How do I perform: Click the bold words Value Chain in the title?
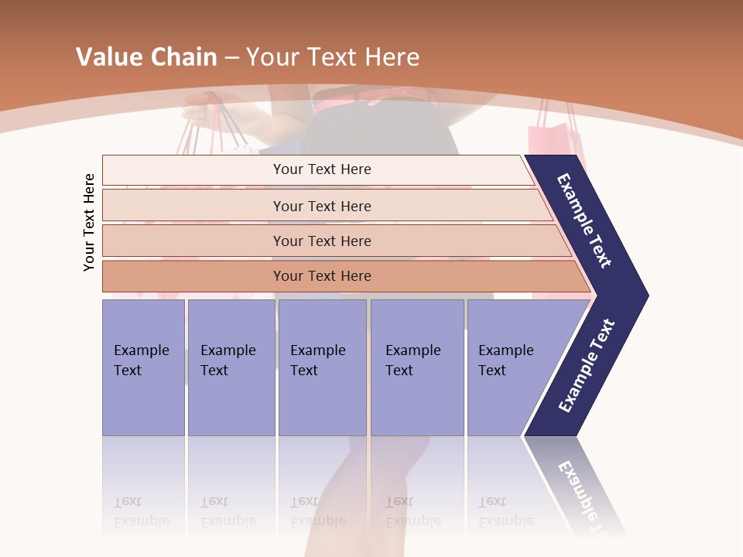[146, 57]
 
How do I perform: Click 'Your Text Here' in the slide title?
[333, 57]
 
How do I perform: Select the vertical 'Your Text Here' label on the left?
[89, 222]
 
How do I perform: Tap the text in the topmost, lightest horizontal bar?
[322, 169]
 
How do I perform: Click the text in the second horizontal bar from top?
[322, 206]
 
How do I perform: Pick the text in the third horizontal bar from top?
[322, 241]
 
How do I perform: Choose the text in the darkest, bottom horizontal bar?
[322, 275]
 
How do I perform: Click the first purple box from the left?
[143, 367]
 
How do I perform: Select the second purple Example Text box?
[231, 367]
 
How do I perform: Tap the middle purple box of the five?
[321, 367]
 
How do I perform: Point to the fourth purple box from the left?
[416, 367]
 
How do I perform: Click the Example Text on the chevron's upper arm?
[584, 220]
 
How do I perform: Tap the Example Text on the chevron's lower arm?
[587, 366]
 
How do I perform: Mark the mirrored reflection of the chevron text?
[580, 495]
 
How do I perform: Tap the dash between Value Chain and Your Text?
[231, 58]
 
